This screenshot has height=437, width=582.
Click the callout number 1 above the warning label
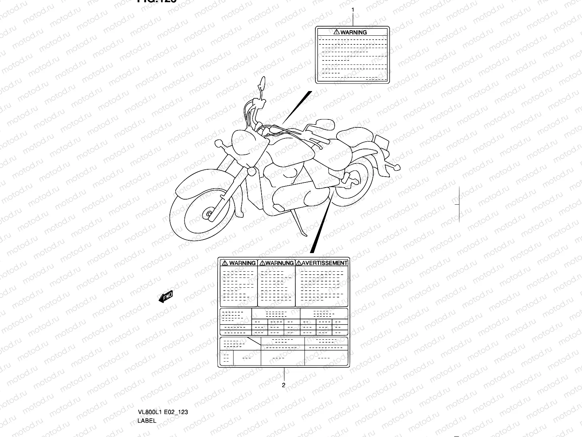click(352, 10)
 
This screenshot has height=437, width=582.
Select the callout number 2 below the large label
click(283, 385)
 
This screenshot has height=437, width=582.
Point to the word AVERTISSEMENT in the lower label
click(325, 263)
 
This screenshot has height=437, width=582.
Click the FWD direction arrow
click(166, 297)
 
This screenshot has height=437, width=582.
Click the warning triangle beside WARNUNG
click(263, 263)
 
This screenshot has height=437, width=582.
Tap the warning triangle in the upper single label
click(336, 32)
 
